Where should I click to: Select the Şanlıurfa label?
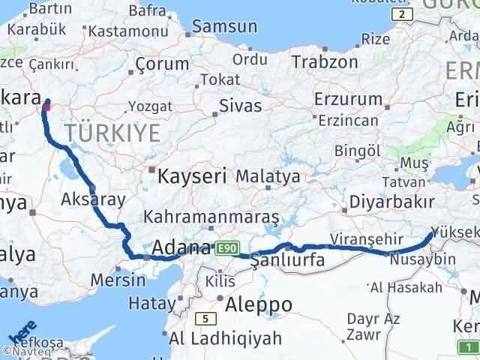[287, 259]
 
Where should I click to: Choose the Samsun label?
[224, 26]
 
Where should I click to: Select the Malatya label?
[268, 177]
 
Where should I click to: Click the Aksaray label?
[94, 199]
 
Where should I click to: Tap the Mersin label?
[118, 280]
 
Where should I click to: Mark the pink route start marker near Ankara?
[46, 106]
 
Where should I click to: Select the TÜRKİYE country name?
[112, 133]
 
